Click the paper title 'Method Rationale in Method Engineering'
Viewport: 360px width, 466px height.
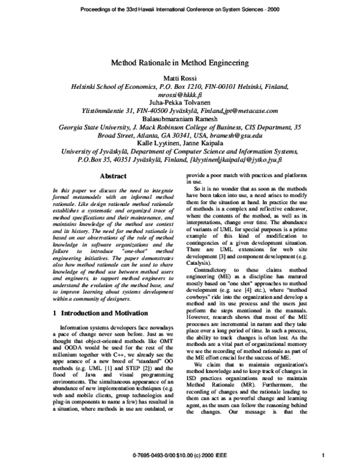179,63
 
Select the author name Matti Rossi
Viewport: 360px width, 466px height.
179,78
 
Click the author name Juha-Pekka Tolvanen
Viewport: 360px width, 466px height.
179,103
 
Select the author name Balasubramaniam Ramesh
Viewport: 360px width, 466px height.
179,119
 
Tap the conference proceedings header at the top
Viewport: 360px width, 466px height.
179,10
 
